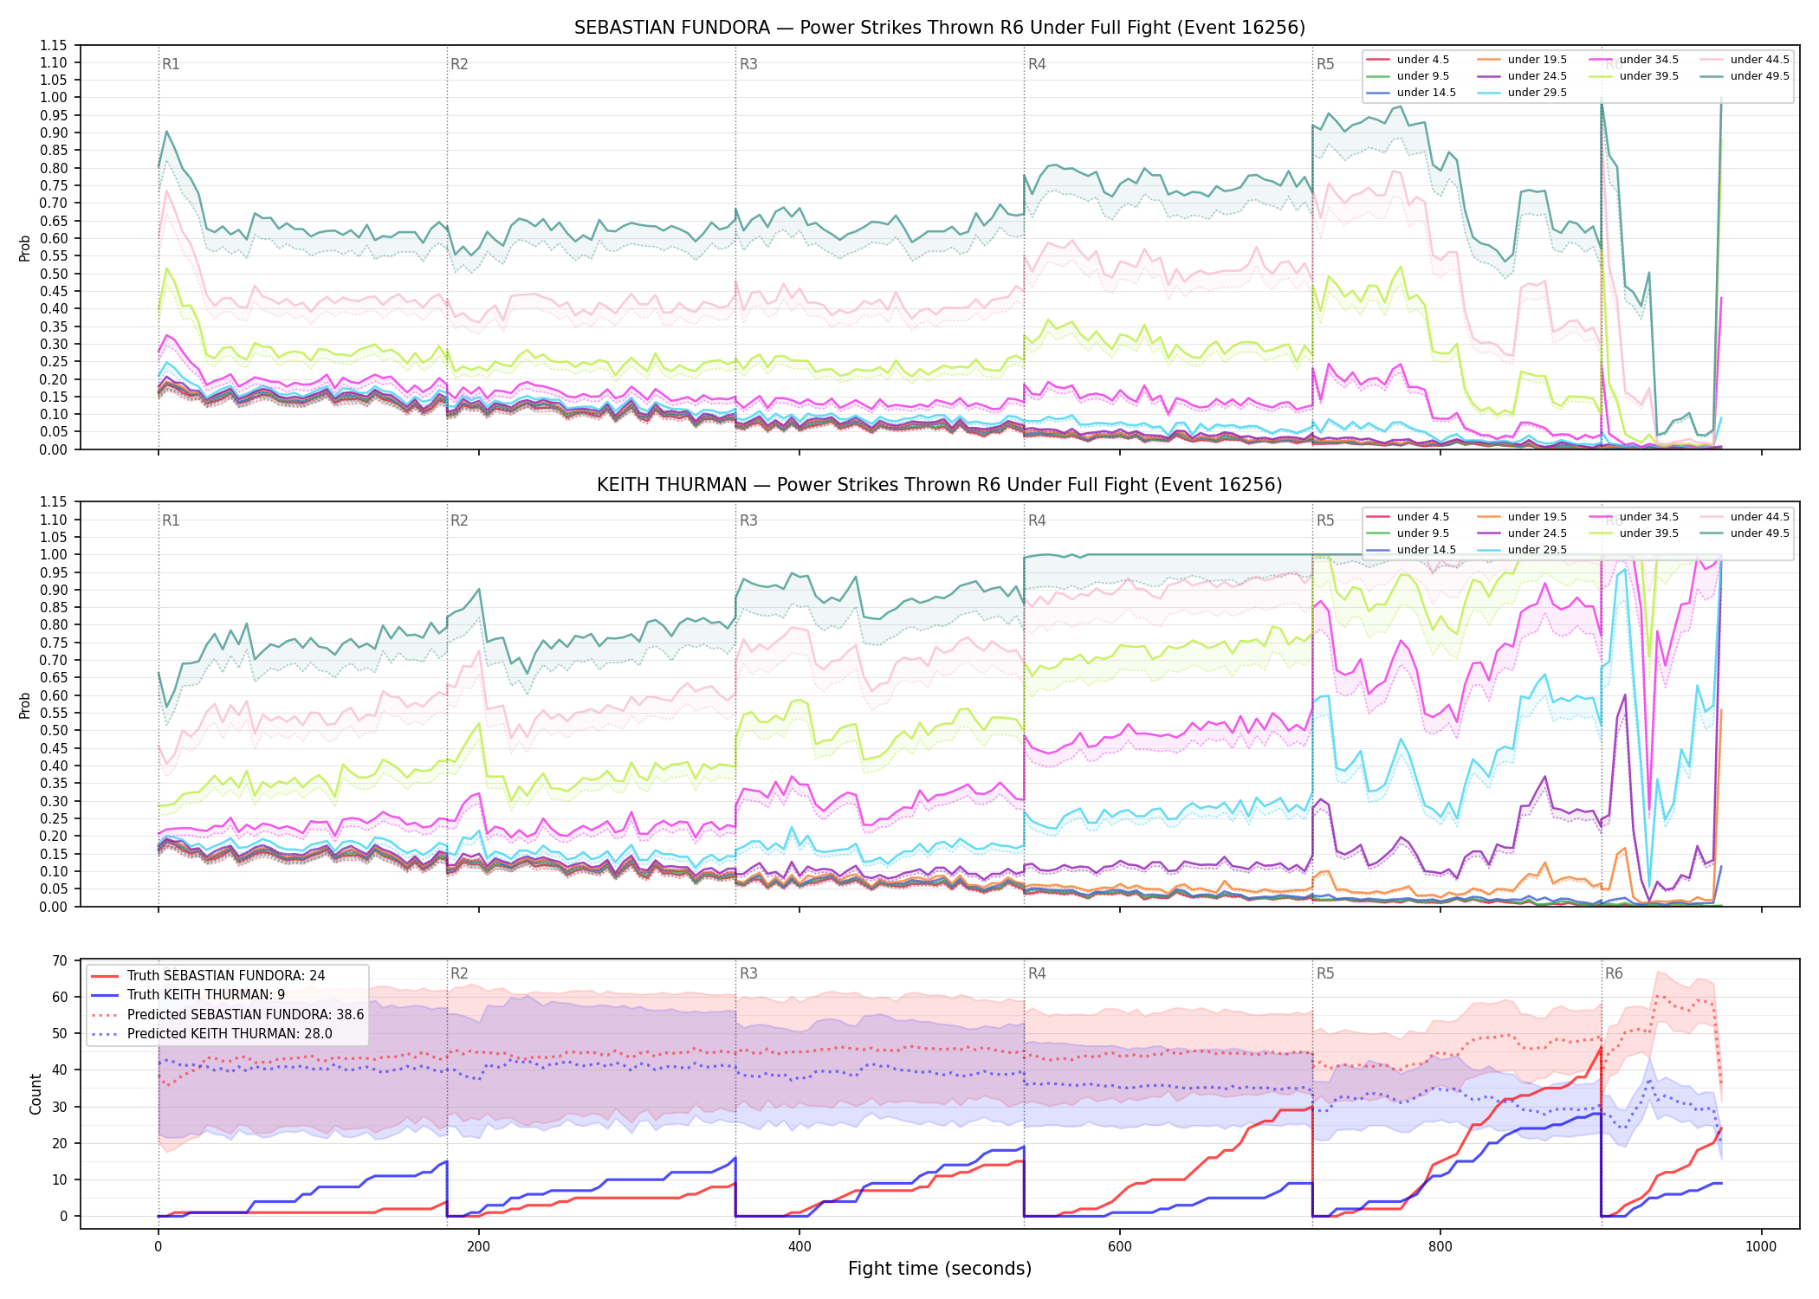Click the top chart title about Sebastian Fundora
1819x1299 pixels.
pyautogui.click(x=940, y=28)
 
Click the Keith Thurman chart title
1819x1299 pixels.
pyautogui.click(x=940, y=485)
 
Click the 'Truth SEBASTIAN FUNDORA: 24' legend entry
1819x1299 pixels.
pyautogui.click(x=208, y=976)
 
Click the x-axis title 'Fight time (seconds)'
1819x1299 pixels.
pyautogui.click(x=940, y=1269)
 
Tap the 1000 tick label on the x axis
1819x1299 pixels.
pyautogui.click(x=1761, y=1247)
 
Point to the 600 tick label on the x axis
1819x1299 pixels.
pyautogui.click(x=1120, y=1247)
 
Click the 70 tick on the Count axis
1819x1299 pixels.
pyautogui.click(x=60, y=960)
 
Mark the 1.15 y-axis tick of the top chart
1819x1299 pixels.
pyautogui.click(x=54, y=45)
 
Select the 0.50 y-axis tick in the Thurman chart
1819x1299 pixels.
pyautogui.click(x=54, y=730)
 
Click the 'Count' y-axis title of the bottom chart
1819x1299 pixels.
pyautogui.click(x=36, y=1094)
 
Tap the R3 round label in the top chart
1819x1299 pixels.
pyautogui.click(x=748, y=64)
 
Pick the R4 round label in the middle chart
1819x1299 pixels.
pyautogui.click(x=1037, y=520)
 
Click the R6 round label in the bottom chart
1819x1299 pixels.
pyautogui.click(x=1614, y=973)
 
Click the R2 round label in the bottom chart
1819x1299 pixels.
pyautogui.click(x=459, y=973)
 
